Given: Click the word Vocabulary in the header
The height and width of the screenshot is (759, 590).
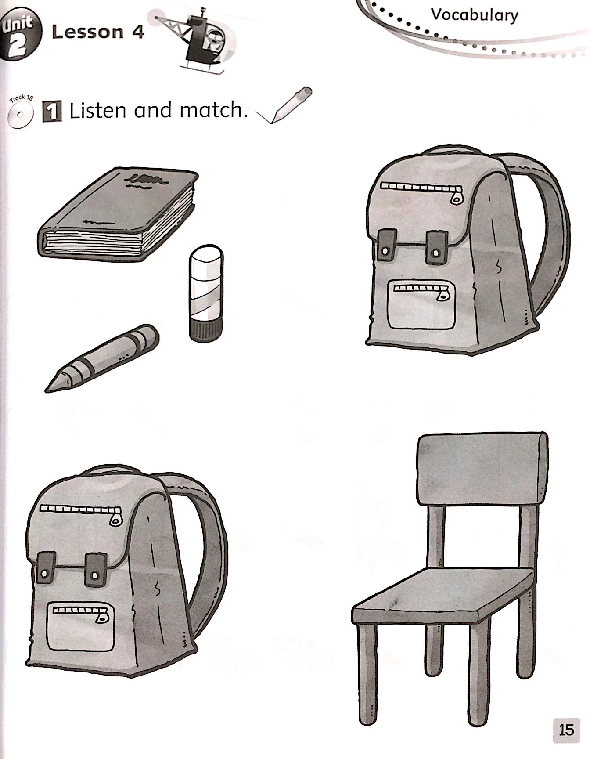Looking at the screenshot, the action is point(475,15).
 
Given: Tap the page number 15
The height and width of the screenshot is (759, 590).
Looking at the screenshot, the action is point(566,730).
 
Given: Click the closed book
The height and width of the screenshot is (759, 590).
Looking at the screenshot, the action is point(119,215).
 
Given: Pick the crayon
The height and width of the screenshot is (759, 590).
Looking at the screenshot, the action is point(102,358).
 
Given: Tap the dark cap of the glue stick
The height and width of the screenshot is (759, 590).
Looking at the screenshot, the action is point(206,331).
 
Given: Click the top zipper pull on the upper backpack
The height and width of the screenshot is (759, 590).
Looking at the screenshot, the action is point(457,197).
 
